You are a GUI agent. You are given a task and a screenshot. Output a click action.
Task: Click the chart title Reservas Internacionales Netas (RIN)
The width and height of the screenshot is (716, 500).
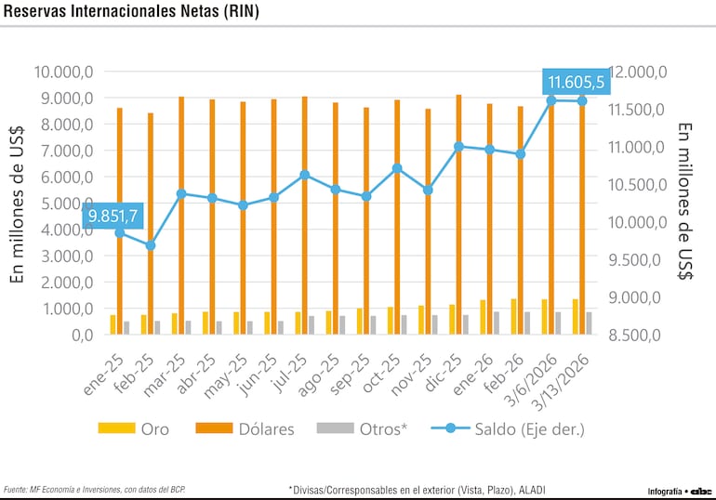click(132, 12)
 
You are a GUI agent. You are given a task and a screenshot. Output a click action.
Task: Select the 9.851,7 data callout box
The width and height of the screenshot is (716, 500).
click(113, 216)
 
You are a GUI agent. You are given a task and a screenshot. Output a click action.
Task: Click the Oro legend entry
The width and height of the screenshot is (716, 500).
click(134, 428)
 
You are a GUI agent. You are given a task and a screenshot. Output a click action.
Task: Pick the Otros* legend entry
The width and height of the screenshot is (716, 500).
click(363, 428)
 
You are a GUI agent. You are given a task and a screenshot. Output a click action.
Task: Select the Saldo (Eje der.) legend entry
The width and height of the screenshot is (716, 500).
click(510, 428)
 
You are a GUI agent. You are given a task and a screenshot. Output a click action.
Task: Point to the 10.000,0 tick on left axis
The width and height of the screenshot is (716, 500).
click(63, 72)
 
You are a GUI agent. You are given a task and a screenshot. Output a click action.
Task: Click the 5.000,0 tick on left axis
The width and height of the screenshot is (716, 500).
click(63, 204)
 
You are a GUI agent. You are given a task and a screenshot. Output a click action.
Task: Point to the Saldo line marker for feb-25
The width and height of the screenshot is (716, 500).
click(151, 245)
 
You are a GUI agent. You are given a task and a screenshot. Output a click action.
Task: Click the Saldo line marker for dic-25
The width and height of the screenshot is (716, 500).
click(458, 146)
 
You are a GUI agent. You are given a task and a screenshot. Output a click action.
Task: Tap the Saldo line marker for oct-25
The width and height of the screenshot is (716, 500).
click(397, 168)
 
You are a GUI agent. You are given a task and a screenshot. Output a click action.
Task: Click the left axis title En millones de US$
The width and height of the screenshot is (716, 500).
click(17, 204)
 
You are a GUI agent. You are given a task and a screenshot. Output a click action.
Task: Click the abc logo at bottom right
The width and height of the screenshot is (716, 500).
click(700, 490)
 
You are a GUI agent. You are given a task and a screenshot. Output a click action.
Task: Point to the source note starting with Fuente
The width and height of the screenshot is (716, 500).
click(93, 489)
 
